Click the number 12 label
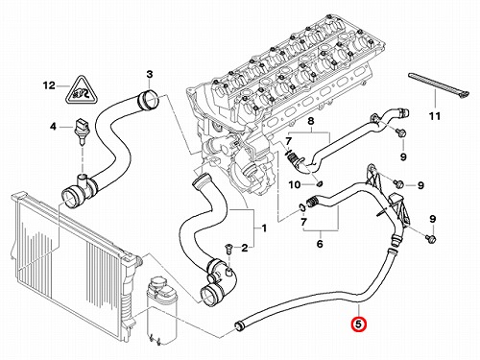[49, 85]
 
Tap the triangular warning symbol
[82, 91]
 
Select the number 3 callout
[150, 75]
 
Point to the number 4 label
[53, 127]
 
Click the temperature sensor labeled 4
[83, 132]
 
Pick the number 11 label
[435, 116]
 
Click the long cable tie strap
[439, 85]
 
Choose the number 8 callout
[310, 121]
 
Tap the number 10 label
[295, 184]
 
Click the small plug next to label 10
[320, 184]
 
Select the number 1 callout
[264, 228]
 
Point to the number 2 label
[245, 248]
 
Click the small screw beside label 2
[228, 248]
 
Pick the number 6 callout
[320, 244]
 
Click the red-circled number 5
[358, 324]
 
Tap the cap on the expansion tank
[156, 283]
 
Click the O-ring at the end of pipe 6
[302, 207]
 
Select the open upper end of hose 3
[148, 99]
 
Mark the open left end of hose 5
[239, 325]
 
